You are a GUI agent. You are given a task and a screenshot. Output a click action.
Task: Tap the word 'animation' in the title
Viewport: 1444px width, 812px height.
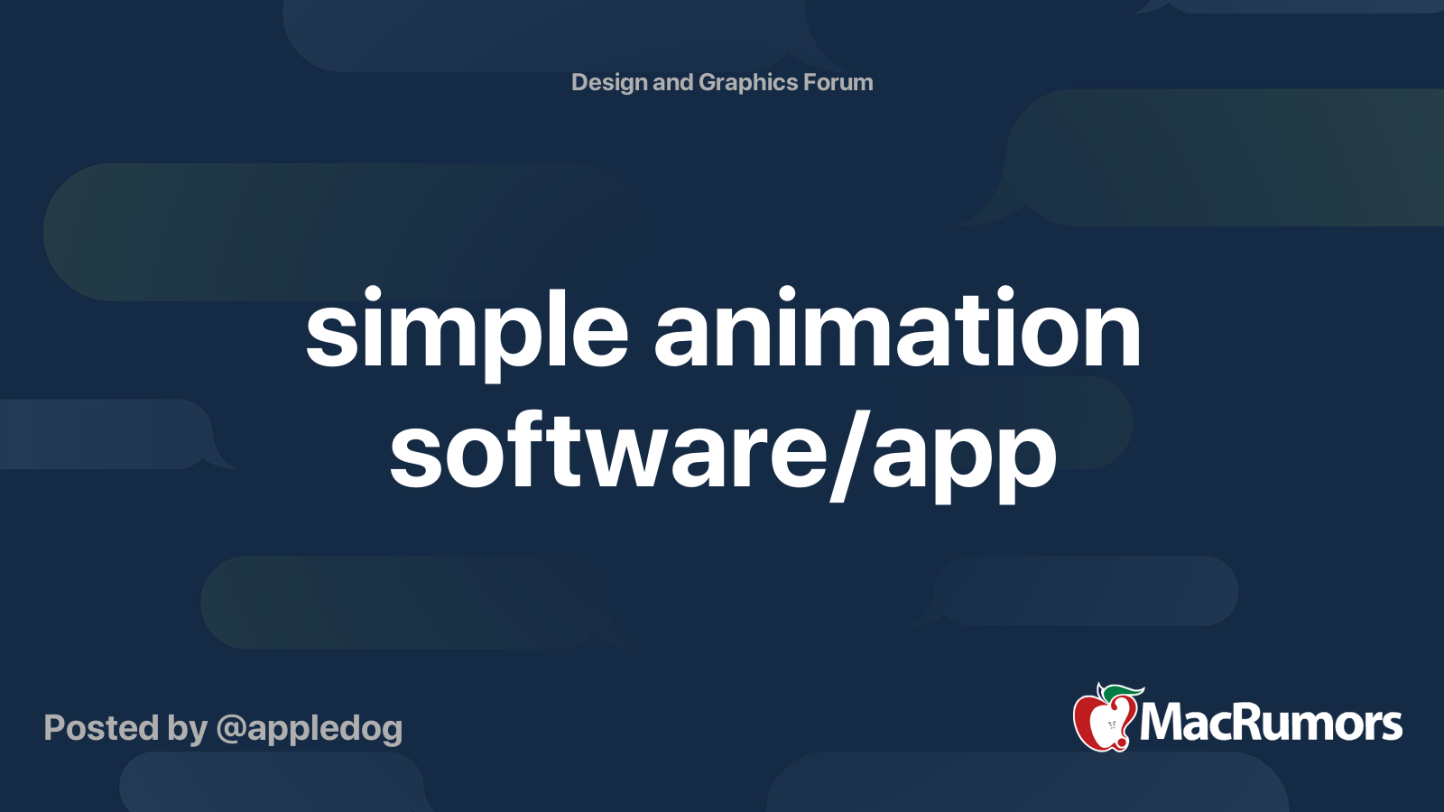(897, 330)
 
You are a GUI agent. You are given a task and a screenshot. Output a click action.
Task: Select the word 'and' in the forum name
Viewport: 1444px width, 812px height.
(672, 83)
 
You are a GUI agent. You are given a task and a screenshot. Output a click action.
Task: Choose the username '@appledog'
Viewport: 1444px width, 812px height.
(310, 729)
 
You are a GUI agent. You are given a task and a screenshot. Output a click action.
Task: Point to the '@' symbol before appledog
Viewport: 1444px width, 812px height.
(230, 729)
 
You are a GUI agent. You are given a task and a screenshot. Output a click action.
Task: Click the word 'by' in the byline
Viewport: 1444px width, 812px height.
(187, 729)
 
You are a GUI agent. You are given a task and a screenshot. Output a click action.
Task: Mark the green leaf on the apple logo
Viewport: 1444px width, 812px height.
(1122, 692)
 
